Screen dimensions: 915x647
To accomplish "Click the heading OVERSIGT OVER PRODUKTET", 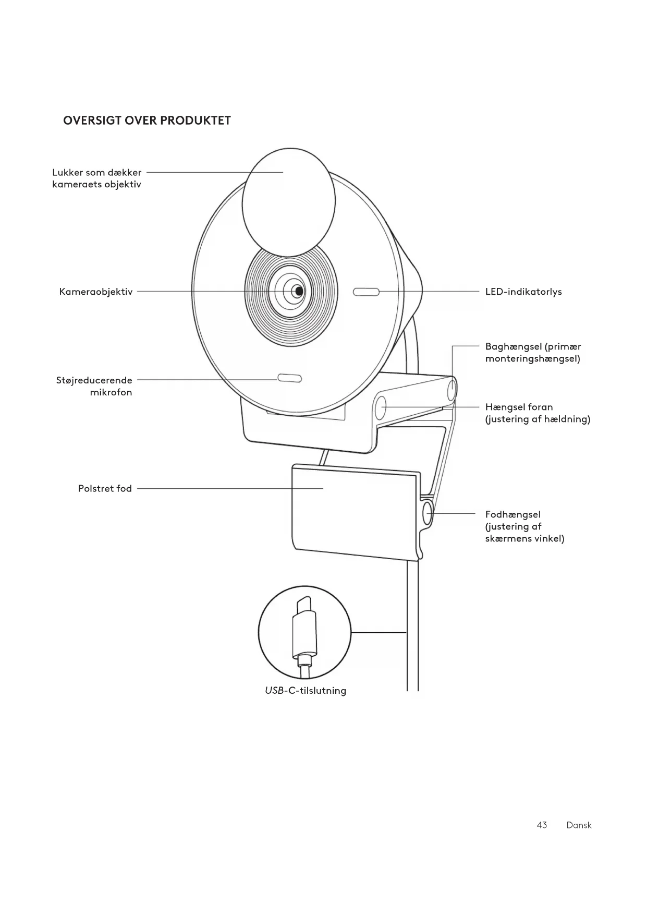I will tap(147, 121).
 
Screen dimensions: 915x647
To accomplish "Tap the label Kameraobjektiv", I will tap(96, 292).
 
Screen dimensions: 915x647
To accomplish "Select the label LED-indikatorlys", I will tap(523, 292).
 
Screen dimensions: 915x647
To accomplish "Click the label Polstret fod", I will tap(105, 489).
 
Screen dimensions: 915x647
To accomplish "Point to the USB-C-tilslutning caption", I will tap(305, 691).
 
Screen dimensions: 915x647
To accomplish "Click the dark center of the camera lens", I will tap(298, 291).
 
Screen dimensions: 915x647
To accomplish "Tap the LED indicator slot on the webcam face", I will tap(366, 292).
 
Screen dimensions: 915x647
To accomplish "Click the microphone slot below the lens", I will tap(289, 378).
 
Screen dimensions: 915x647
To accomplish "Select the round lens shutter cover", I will tap(288, 203).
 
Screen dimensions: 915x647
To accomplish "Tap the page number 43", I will tap(542, 825).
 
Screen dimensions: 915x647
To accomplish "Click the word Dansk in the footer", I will tap(579, 825).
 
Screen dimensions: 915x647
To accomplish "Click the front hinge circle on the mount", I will tap(381, 407).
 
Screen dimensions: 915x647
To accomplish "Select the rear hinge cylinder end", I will tap(452, 389).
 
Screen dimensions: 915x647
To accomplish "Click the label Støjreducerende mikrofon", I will tap(94, 386).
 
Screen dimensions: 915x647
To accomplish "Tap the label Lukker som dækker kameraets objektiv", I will tap(97, 178).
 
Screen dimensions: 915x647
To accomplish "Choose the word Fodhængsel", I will tap(512, 514).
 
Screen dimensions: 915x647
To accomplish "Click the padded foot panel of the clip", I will tap(355, 511).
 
